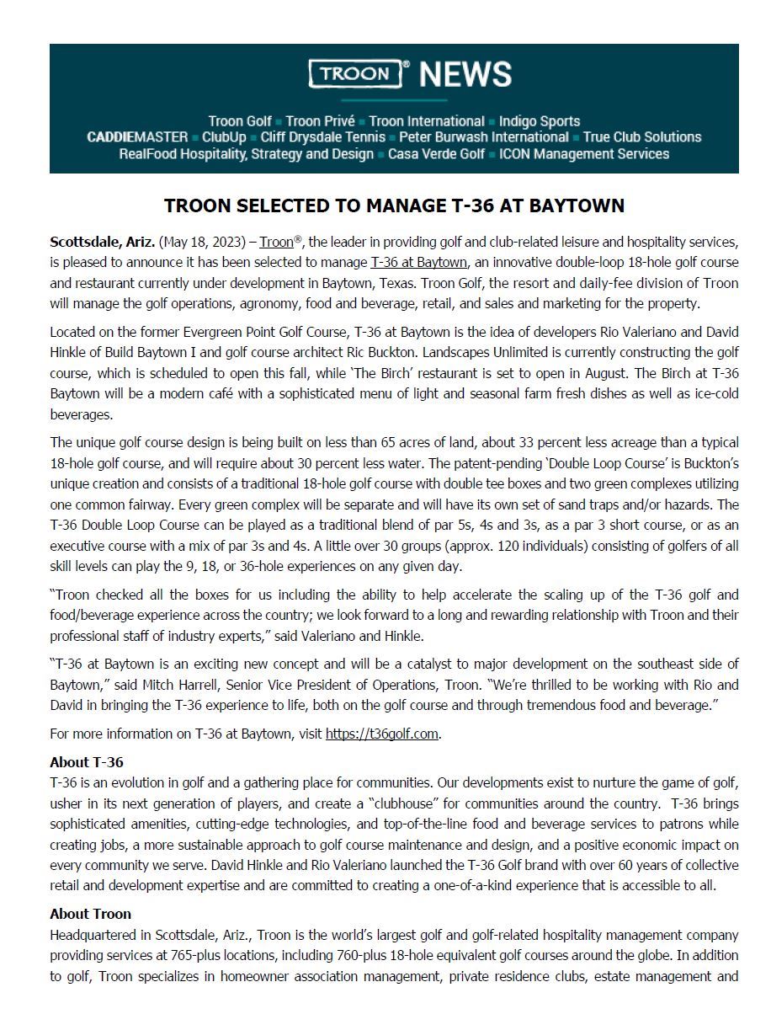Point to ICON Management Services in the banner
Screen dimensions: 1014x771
(584, 154)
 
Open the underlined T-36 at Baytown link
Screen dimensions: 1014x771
(418, 263)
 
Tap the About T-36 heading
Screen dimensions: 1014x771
(87, 762)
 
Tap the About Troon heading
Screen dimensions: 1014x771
(90, 914)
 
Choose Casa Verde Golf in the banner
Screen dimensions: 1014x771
(436, 154)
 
